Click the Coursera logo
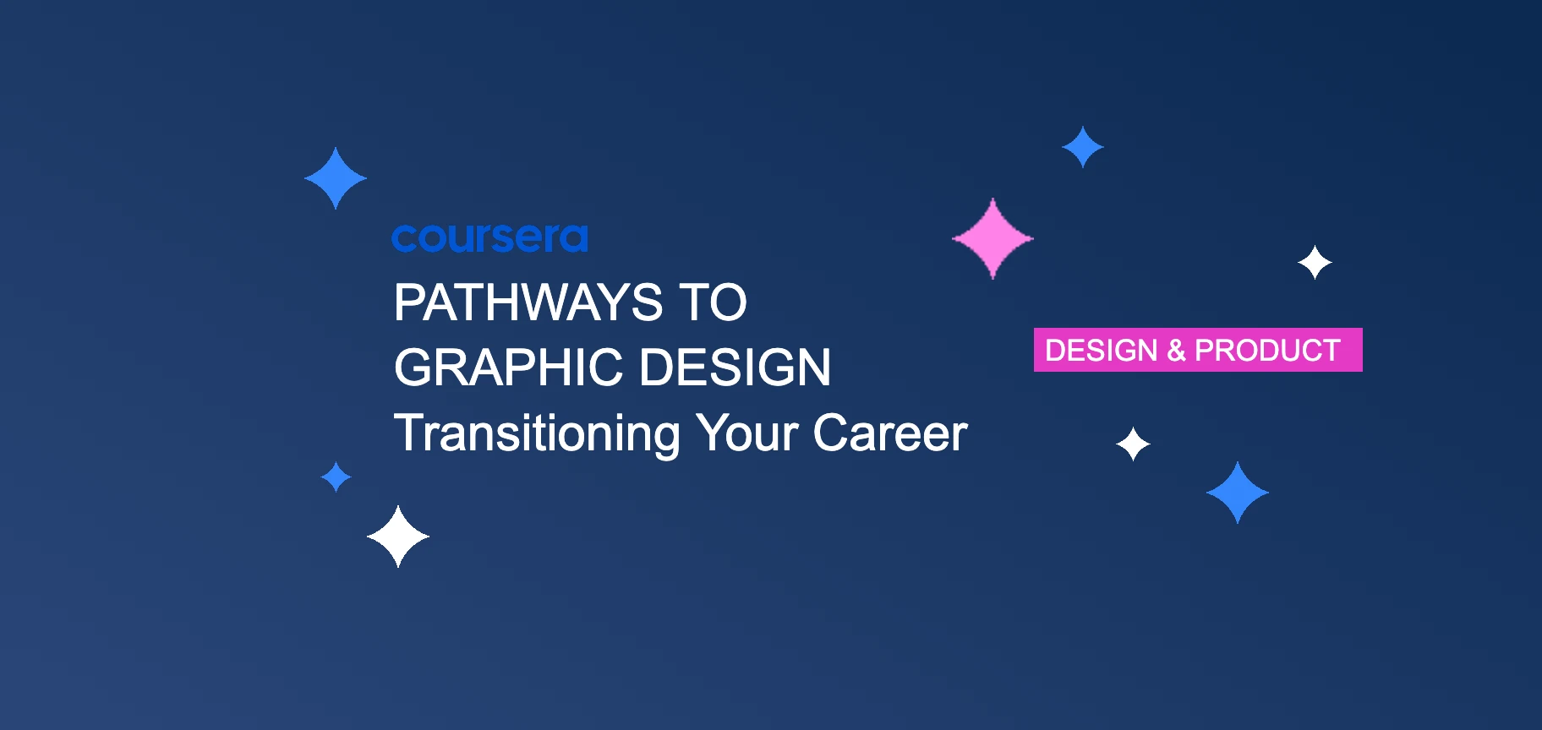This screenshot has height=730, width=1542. click(489, 238)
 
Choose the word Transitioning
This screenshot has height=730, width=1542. click(537, 433)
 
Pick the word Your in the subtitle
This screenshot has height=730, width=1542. click(746, 433)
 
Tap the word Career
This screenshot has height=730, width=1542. click(889, 433)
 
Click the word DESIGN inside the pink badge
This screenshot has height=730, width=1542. click(1101, 350)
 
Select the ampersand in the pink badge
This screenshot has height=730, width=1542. click(1176, 350)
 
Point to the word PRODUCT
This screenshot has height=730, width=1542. click(1267, 350)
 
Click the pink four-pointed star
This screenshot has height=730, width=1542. click(992, 238)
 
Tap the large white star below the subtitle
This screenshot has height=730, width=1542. click(398, 537)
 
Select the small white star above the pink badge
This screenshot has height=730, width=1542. click(1315, 263)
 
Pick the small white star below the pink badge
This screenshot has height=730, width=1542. click(1133, 444)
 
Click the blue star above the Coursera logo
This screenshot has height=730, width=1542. click(336, 178)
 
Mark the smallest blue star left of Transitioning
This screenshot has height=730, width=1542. click(336, 477)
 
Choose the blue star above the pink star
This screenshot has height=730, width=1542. click(1082, 147)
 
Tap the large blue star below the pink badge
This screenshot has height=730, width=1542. click(1238, 493)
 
